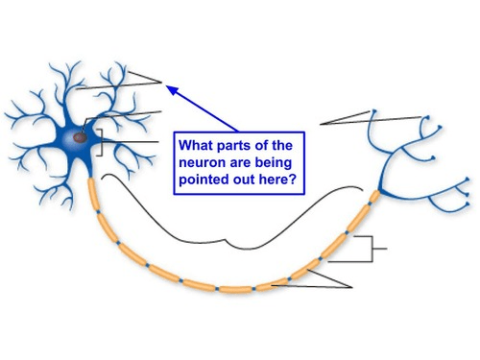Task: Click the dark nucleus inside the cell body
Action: coord(81,138)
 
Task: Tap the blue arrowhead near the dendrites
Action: coord(172,90)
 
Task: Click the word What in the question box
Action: coord(196,145)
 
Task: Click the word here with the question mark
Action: coord(277,180)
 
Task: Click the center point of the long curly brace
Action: coord(227,239)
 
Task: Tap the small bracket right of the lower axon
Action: coord(372,249)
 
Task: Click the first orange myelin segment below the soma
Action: coord(92,194)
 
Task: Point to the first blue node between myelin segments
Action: coord(98,212)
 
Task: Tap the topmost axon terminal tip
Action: coord(374,111)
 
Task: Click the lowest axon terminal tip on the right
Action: coord(468,204)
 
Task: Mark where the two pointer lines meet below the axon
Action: coord(351,287)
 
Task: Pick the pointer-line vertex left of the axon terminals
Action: coord(321,124)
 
